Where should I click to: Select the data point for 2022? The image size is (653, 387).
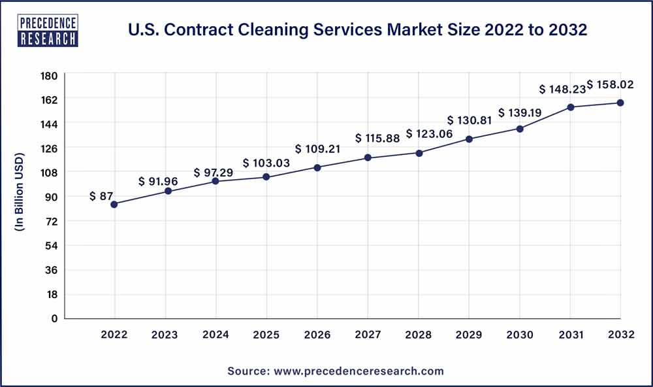[x=114, y=204]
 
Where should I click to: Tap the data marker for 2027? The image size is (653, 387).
[x=368, y=158]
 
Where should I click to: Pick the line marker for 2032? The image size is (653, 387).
[x=620, y=103]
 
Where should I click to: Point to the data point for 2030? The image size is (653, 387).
[x=520, y=129]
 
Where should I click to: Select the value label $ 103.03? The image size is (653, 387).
[x=264, y=163]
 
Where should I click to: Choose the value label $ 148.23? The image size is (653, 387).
[x=561, y=90]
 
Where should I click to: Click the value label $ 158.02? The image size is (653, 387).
[x=610, y=84]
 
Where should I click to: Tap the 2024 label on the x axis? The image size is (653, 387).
[x=215, y=335]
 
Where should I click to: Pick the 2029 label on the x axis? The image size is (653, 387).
[x=469, y=335]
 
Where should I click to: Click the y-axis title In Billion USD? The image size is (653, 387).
[x=20, y=193]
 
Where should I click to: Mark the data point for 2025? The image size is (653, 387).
[x=266, y=177]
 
